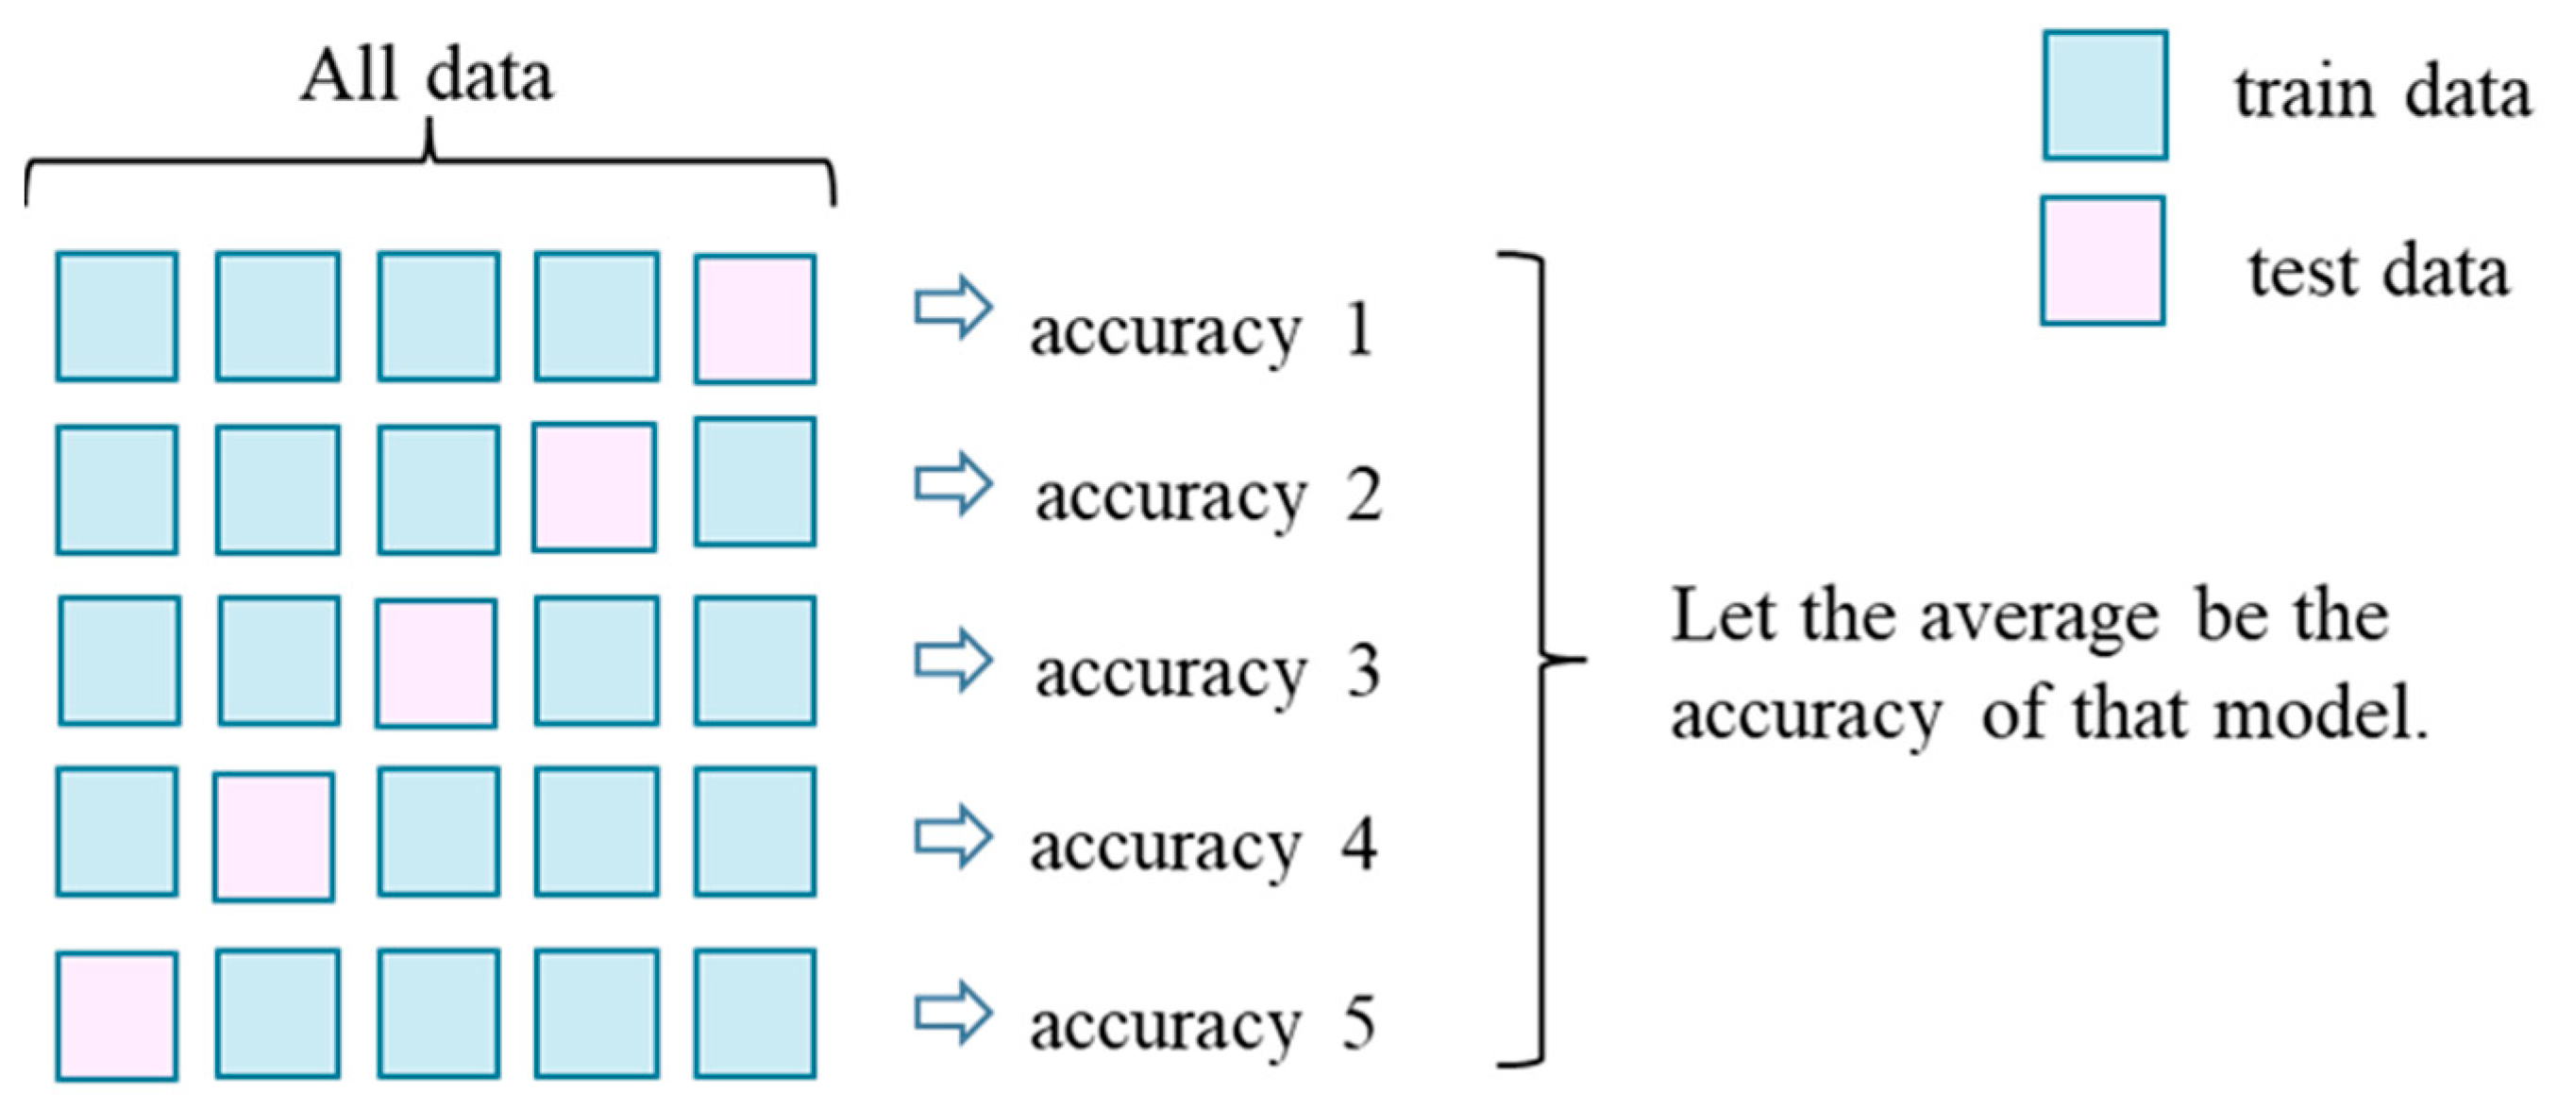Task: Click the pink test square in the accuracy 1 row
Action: [x=755, y=319]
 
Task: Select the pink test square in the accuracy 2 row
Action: [x=594, y=487]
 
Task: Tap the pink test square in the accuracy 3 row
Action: [x=436, y=663]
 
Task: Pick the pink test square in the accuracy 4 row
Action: [x=273, y=837]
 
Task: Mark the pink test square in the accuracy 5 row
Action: [x=116, y=1016]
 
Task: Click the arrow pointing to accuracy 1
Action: [x=952, y=309]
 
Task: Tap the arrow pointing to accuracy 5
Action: [x=952, y=1014]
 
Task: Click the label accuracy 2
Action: [x=1207, y=496]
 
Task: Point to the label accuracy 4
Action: [x=1203, y=847]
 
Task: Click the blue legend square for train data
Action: [x=2104, y=95]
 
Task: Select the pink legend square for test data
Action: [x=2102, y=260]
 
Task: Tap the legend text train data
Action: [x=2382, y=94]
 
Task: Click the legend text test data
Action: [x=2379, y=271]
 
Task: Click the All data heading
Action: [x=427, y=76]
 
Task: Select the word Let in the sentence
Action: [x=1724, y=616]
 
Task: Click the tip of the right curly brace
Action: [x=1584, y=658]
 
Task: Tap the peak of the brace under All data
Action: [x=429, y=124]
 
